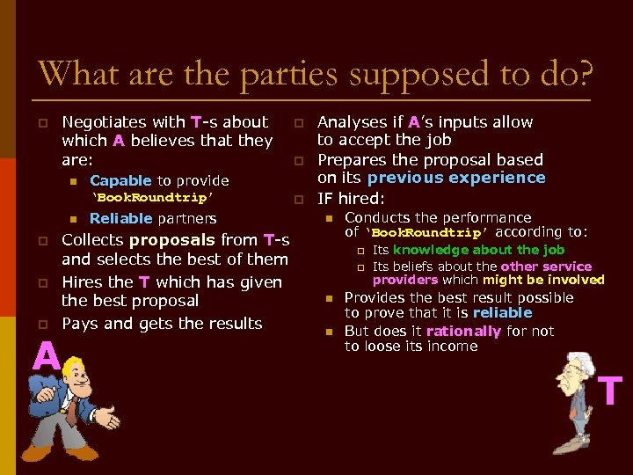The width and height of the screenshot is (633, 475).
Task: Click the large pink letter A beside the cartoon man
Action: tap(46, 357)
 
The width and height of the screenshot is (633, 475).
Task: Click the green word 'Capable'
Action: tap(120, 180)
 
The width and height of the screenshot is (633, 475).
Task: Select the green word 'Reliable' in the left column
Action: tap(121, 218)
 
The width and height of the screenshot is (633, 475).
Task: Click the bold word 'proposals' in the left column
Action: tap(171, 240)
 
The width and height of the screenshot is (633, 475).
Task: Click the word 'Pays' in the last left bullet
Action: tap(80, 324)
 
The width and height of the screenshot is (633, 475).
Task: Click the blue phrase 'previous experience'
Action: tap(456, 178)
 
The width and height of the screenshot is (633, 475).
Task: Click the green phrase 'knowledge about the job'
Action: tap(478, 250)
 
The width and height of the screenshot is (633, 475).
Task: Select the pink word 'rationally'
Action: tap(463, 332)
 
